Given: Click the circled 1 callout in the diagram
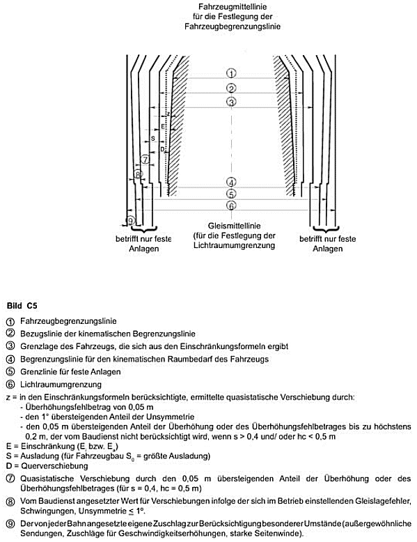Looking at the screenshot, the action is point(231,73).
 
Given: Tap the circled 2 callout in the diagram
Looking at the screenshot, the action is point(231,88).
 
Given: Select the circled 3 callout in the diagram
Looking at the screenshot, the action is point(231,102).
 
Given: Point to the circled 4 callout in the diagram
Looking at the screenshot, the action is point(231,183).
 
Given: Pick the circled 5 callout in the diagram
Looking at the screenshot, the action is point(231,194).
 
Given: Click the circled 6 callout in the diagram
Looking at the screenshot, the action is point(231,206).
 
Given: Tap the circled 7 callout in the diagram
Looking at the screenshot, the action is point(145,160).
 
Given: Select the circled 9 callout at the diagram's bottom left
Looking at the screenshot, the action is point(130,221).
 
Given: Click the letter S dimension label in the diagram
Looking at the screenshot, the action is point(153,139).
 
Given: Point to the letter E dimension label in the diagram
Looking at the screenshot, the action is point(163,127).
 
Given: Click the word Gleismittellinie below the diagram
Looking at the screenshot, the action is point(234,226).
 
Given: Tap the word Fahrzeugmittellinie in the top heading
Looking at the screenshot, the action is point(233,6).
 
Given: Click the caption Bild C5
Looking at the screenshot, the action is point(22,306).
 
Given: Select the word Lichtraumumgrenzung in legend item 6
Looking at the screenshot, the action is point(61,385).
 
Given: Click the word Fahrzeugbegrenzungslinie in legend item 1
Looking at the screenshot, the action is point(68,321).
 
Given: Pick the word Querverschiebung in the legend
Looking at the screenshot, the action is point(54,466).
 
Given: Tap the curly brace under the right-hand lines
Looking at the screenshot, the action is point(326,229).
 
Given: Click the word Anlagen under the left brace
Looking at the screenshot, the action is point(143,249).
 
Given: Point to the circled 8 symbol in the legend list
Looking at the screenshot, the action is point(10,501).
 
